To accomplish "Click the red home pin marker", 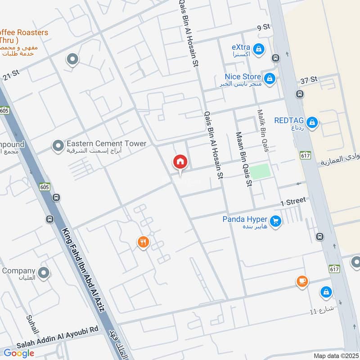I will (x=180, y=162).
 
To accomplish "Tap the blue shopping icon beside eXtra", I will (x=259, y=48).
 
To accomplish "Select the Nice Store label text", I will (x=243, y=77).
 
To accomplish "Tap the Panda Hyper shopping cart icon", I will (x=276, y=220).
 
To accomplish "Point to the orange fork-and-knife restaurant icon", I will (x=143, y=243).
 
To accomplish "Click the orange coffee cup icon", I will (x=302, y=282).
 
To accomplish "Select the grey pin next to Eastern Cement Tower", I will (x=58, y=145).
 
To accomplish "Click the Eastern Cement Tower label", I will (x=106, y=144).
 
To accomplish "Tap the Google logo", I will (x=19, y=353).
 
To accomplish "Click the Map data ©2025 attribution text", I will (x=335, y=355).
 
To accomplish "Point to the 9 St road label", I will (x=263, y=27).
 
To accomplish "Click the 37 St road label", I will (x=309, y=79).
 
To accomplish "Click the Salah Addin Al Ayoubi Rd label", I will (x=58, y=331).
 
